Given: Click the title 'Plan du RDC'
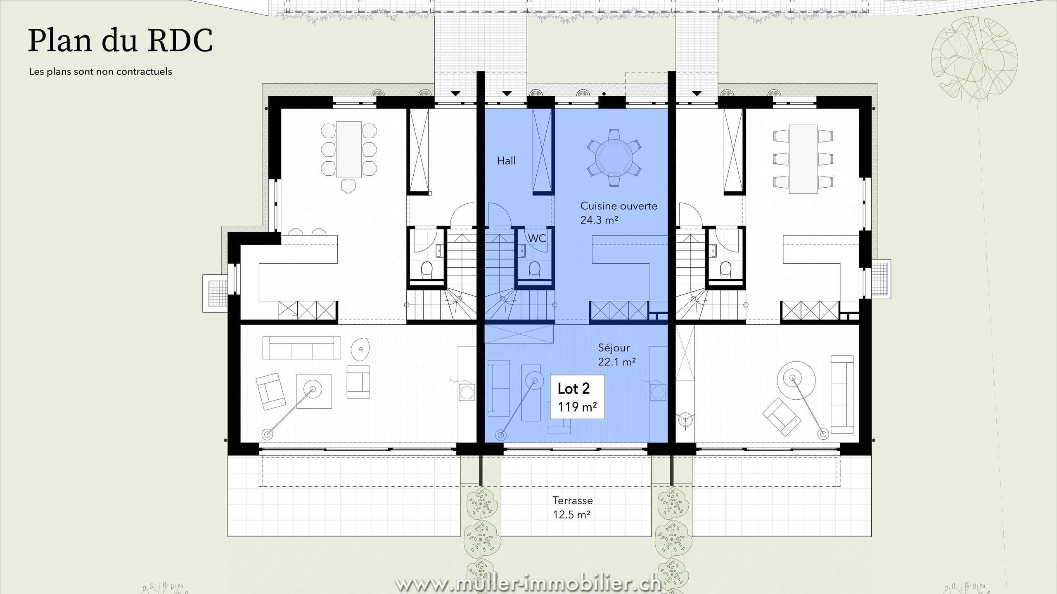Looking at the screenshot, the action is (121, 40).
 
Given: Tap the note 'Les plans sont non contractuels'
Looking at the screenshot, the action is (100, 72).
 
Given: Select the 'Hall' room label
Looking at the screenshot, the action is (506, 160).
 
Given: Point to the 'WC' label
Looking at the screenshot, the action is (537, 238).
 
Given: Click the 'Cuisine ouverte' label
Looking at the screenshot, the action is (619, 206).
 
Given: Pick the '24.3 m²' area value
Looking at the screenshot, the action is (599, 220).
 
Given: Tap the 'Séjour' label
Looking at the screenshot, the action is (614, 348).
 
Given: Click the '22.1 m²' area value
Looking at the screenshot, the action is (617, 362).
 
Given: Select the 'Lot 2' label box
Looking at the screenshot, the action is (577, 396).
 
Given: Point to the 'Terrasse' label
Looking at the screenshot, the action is (573, 501).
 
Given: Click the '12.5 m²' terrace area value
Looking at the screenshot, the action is (571, 515).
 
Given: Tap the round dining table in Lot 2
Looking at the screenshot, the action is (614, 158).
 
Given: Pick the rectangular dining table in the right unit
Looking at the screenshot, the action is (803, 159).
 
